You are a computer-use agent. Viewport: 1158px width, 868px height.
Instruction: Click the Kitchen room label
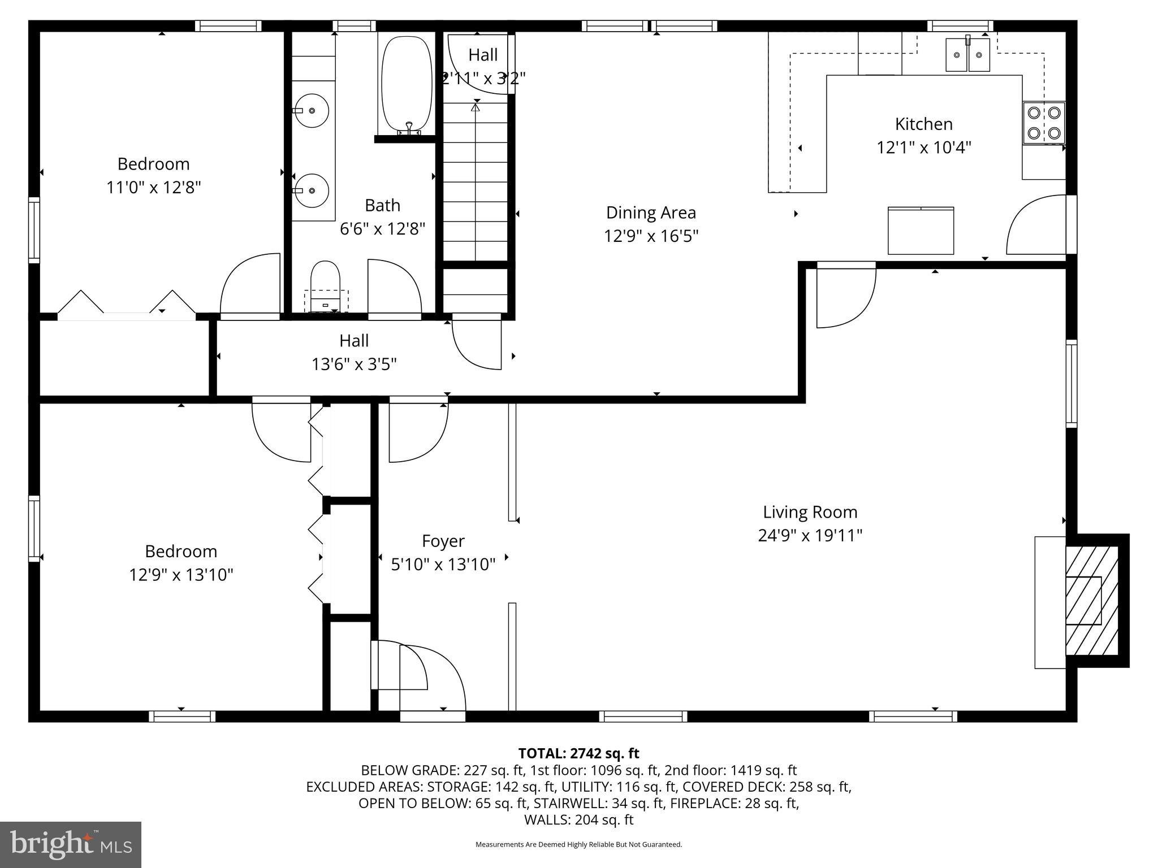923,124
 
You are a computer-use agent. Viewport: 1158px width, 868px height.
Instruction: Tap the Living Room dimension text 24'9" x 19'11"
810,535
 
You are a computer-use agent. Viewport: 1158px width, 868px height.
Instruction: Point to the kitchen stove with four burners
1043,123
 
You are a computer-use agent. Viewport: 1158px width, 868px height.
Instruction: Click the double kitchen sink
968,55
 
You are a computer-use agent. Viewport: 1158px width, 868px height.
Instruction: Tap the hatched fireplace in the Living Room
1091,600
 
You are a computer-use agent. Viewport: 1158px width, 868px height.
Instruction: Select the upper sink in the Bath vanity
311,110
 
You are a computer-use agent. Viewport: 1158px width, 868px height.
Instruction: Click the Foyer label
443,541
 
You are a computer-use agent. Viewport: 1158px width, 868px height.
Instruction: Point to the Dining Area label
651,212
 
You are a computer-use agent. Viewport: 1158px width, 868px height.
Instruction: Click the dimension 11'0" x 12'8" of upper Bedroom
154,187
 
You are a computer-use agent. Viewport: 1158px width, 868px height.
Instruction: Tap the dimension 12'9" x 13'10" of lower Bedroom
181,575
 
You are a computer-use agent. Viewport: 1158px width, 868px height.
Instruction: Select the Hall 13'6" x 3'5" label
354,352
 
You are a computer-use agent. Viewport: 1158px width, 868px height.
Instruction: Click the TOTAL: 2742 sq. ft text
578,753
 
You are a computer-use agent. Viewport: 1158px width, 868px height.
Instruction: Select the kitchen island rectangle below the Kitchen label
921,231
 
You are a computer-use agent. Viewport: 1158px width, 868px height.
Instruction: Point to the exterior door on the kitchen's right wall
1040,225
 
